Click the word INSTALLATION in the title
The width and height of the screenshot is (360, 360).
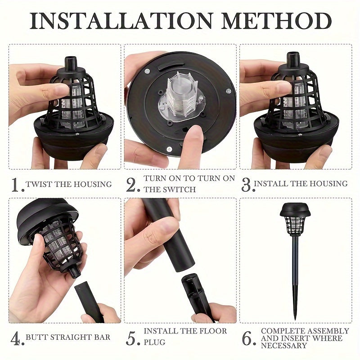(121, 21)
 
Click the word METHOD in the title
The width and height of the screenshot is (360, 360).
(276, 21)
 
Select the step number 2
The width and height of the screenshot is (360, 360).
(133, 185)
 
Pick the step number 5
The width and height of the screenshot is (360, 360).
(133, 338)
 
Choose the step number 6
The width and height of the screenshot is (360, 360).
(249, 338)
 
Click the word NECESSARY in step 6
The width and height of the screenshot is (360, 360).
(284, 345)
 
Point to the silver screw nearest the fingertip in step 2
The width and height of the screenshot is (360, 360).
(170, 149)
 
